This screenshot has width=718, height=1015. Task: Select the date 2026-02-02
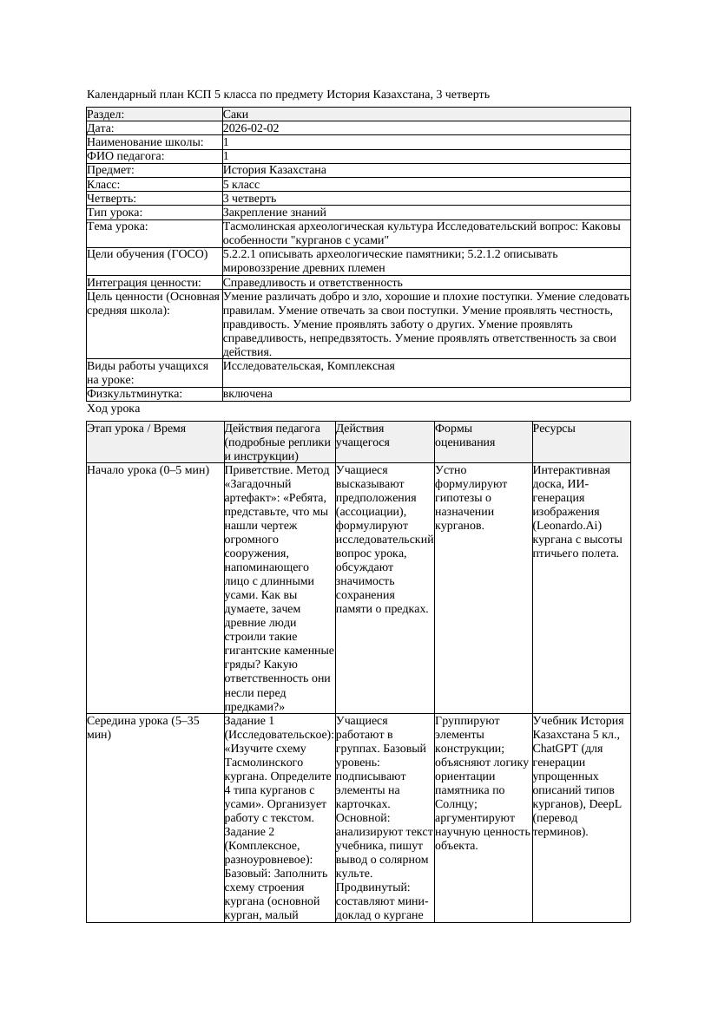coord(251,128)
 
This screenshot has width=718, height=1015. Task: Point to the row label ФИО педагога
coord(126,156)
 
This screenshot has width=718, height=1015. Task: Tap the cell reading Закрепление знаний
coord(274,212)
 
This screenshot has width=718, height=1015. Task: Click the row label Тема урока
coord(117,226)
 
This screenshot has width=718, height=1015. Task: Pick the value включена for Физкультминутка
coord(247,394)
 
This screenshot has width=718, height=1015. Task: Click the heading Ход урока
coord(114,408)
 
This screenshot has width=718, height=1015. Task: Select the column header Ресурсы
coord(554,429)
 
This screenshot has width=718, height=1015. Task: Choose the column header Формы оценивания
coord(464,435)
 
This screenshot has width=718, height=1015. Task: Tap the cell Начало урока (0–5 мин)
coord(148,470)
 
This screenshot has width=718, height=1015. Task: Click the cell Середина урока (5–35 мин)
coord(143,727)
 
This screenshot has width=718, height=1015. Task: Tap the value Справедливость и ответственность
coord(313,282)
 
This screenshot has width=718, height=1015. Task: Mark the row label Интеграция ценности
coord(143,282)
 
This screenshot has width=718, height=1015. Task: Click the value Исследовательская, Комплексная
coord(308,366)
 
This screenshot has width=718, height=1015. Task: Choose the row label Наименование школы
coord(145,141)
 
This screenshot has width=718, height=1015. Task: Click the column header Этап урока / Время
coord(142,429)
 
